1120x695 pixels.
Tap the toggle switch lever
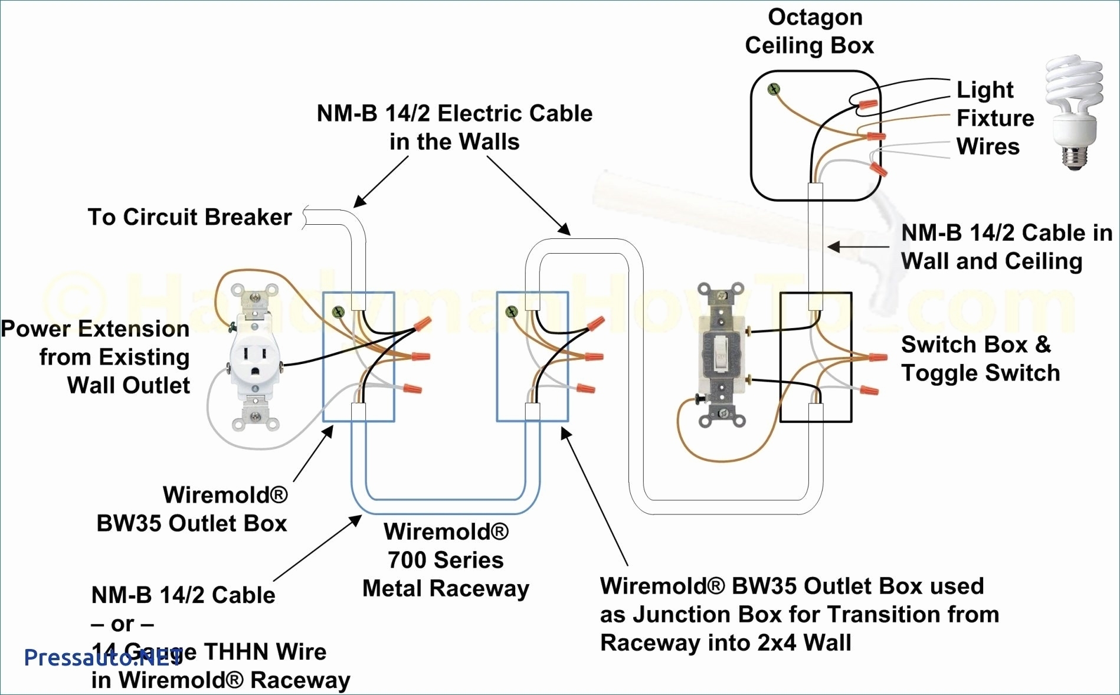click(720, 352)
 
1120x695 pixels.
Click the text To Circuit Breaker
click(189, 217)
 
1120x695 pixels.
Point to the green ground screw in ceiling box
click(773, 90)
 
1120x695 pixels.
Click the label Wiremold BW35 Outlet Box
click(192, 509)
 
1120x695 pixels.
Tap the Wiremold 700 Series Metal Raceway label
click(446, 560)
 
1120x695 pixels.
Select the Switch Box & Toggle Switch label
click(980, 359)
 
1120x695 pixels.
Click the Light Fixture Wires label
click(995, 118)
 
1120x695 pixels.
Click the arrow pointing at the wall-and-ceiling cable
click(859, 247)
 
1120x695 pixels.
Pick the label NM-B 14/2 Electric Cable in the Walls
click(454, 127)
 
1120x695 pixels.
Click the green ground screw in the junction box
click(512, 312)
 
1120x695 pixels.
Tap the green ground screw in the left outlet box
click(338, 312)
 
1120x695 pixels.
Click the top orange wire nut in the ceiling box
click(868, 105)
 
